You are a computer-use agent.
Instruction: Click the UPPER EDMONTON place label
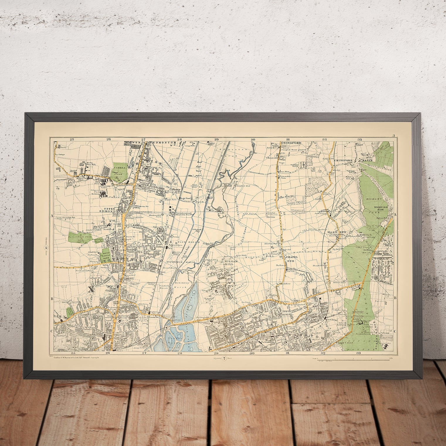tap(111, 209)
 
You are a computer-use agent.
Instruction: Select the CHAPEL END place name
tap(289, 258)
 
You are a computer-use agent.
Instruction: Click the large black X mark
tap(91, 289)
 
